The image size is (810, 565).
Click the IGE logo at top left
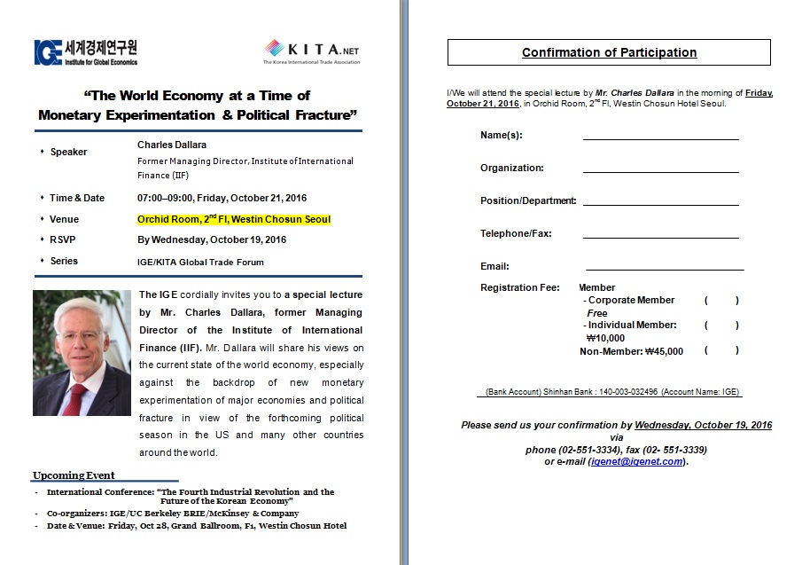point(85,52)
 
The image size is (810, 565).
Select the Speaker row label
point(68,152)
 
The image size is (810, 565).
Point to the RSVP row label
point(64,239)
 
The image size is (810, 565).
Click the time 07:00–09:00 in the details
point(166,198)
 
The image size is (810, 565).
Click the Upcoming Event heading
point(74,475)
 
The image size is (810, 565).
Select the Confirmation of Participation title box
point(609,52)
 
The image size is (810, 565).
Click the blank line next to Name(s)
point(660,137)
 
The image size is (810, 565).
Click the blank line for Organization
point(660,170)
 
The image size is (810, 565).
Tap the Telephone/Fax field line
point(660,236)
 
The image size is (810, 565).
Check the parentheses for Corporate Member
point(721,301)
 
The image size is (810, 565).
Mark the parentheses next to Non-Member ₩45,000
point(721,351)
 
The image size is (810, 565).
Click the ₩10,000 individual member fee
point(605,338)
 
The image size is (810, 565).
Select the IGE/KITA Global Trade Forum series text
point(200,262)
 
